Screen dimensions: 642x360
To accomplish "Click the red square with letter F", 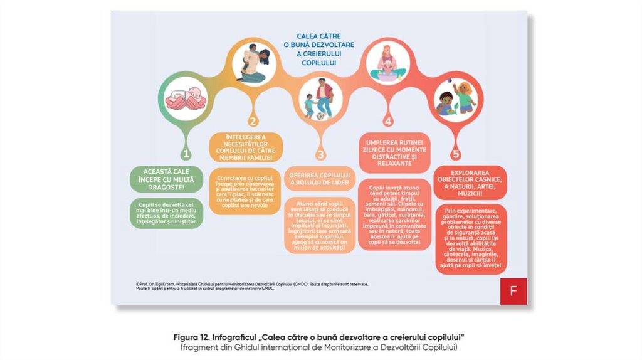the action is coord(513,291).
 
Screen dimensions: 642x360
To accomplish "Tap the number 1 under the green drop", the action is coord(186,153).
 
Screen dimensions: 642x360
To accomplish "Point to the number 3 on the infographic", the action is coord(320,154).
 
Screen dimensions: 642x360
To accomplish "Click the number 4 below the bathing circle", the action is coord(388,121).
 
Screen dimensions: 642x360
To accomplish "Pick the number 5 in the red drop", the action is coord(456,154).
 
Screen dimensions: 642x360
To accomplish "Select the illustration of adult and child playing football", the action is coord(320,98).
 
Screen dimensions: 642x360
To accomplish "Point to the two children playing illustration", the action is coord(456,99).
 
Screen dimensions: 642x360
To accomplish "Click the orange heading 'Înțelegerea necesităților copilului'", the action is coord(246,147).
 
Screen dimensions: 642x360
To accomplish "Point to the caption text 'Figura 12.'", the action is coord(192,337).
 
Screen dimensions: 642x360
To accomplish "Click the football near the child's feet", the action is coord(320,116).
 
